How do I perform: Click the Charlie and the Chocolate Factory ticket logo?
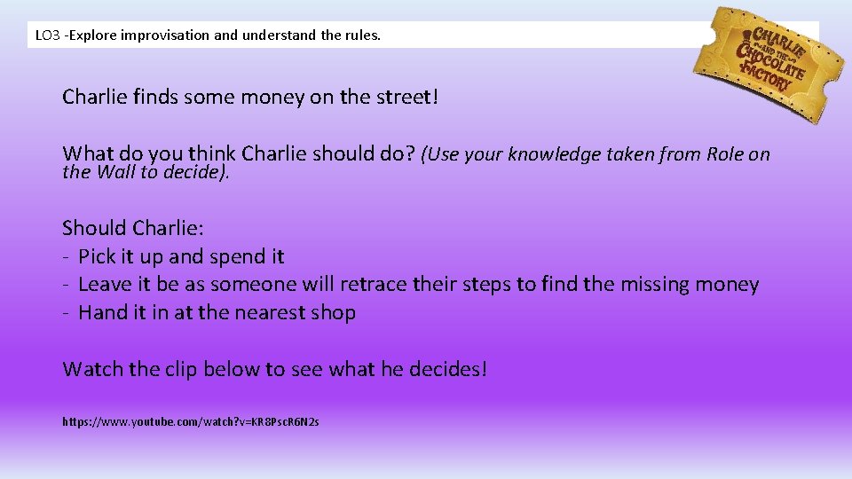[769, 62]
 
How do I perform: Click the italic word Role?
[725, 154]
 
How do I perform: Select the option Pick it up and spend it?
[181, 256]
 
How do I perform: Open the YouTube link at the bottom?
[190, 422]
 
